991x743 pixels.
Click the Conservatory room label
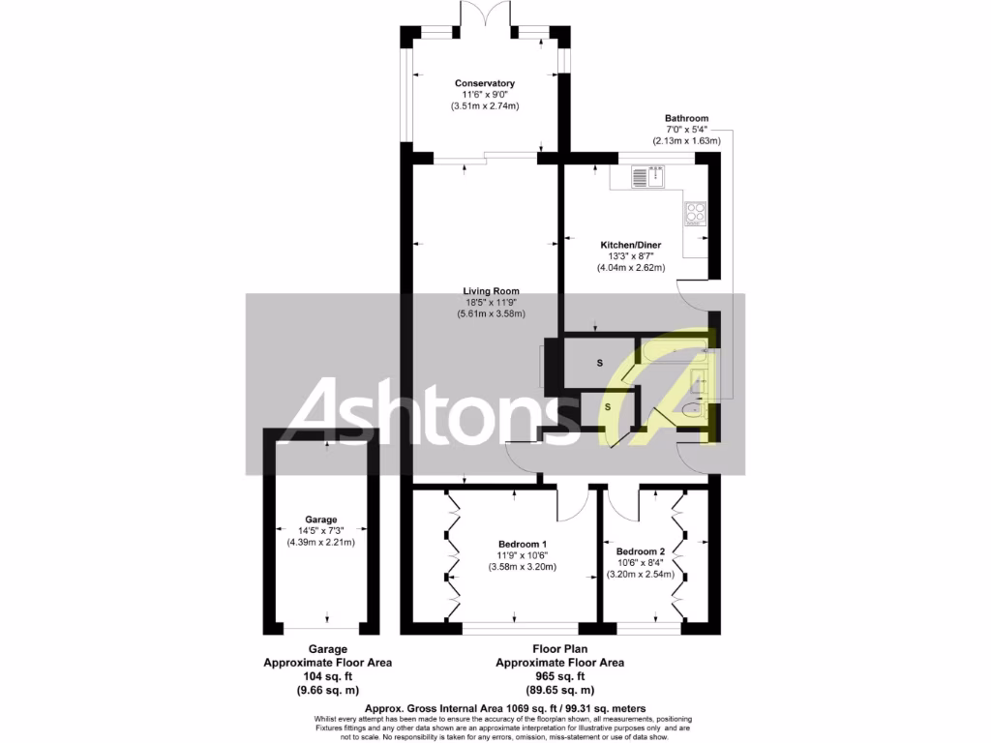[485, 83]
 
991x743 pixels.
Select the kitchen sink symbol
[647, 175]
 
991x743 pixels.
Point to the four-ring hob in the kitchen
[696, 213]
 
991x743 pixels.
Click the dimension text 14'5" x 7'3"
[320, 530]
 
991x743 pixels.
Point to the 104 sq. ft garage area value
[320, 676]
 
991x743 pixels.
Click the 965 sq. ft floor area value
[559, 676]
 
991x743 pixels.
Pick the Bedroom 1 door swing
[574, 503]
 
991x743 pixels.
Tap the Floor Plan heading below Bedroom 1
[559, 649]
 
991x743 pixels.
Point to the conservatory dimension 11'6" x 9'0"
[485, 95]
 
